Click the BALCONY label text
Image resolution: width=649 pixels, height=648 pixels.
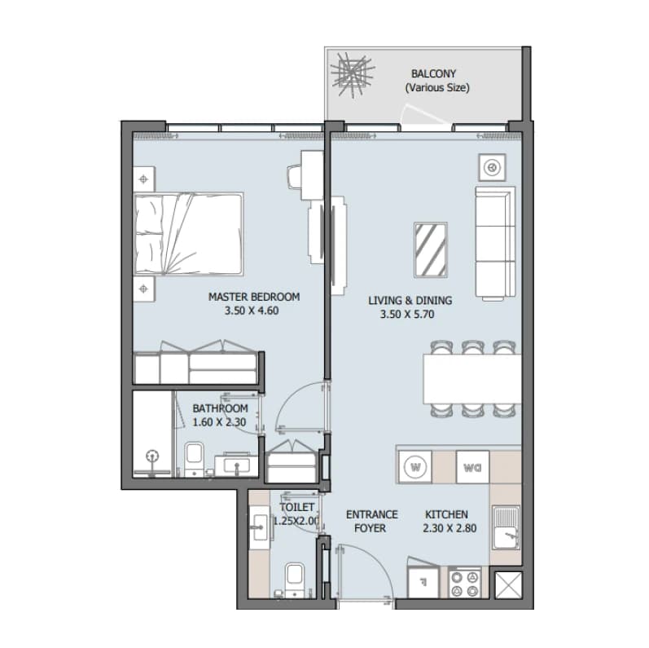point(433,73)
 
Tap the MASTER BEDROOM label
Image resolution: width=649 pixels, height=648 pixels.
point(254,297)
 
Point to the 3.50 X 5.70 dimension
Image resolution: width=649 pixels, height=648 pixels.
point(407,314)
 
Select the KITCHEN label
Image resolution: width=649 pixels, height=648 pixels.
point(446,514)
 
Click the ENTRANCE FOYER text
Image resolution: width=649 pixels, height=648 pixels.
point(371,521)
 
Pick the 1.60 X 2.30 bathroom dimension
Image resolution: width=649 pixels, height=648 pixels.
point(219,422)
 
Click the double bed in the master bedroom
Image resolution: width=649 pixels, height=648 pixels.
point(188,233)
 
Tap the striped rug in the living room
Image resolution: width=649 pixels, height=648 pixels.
point(431,250)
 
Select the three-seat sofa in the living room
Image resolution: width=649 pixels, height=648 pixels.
point(495,244)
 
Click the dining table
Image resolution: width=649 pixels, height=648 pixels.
point(471,379)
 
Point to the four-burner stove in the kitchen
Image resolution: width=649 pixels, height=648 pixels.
point(464,584)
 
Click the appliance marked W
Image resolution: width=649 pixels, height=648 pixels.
point(415,467)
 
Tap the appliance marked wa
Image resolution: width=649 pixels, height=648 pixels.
point(472,467)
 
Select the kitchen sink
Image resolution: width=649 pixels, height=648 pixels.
point(506,527)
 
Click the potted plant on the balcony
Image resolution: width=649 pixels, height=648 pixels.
point(353,74)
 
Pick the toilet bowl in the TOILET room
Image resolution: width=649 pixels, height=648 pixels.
point(294,580)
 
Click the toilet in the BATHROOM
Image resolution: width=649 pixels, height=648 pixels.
point(194,459)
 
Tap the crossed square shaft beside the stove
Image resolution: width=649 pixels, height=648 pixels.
point(508,585)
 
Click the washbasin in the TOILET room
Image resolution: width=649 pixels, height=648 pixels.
point(260,527)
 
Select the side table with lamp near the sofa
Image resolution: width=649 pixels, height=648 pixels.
point(492,167)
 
